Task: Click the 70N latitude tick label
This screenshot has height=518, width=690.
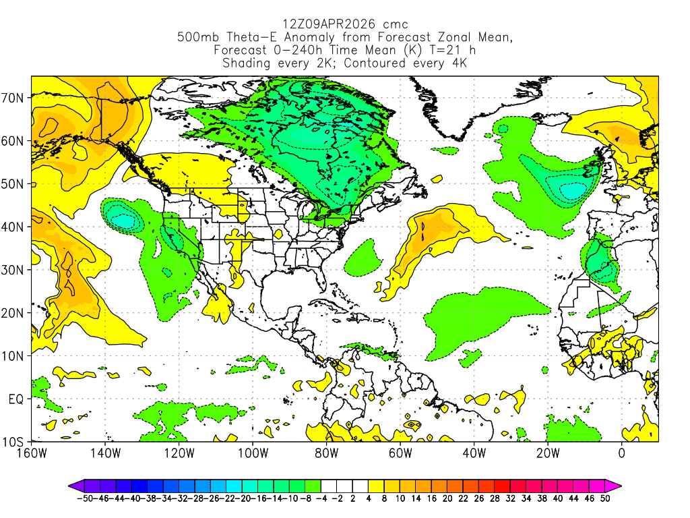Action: click(x=14, y=98)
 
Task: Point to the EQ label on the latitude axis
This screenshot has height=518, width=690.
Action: click(x=16, y=399)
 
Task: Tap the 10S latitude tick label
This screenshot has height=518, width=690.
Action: click(x=14, y=442)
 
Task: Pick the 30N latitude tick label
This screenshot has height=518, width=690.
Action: click(x=14, y=270)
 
